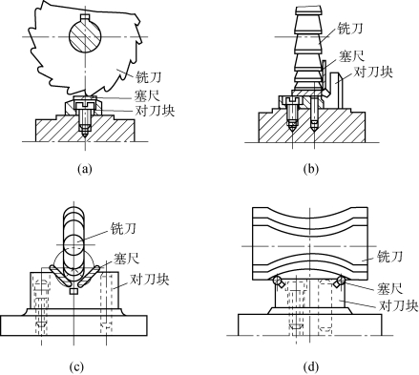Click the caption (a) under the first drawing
coord(85,168)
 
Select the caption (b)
coord(311,168)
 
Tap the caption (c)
coord(76,366)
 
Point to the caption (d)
coord(311,366)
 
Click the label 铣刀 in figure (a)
coord(149,76)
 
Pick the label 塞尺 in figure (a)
coord(147,95)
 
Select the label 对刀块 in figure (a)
coord(155,110)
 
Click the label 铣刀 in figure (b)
coord(349,29)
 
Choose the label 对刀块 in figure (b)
coord(373,72)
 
